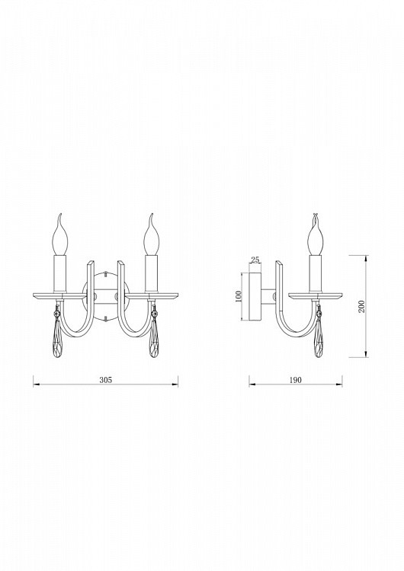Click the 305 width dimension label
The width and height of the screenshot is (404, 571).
(105, 380)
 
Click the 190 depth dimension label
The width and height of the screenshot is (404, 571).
(295, 380)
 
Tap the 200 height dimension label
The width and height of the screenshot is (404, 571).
(361, 306)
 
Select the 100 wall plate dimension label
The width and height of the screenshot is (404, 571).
(239, 296)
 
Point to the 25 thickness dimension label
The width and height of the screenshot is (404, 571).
(255, 260)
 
